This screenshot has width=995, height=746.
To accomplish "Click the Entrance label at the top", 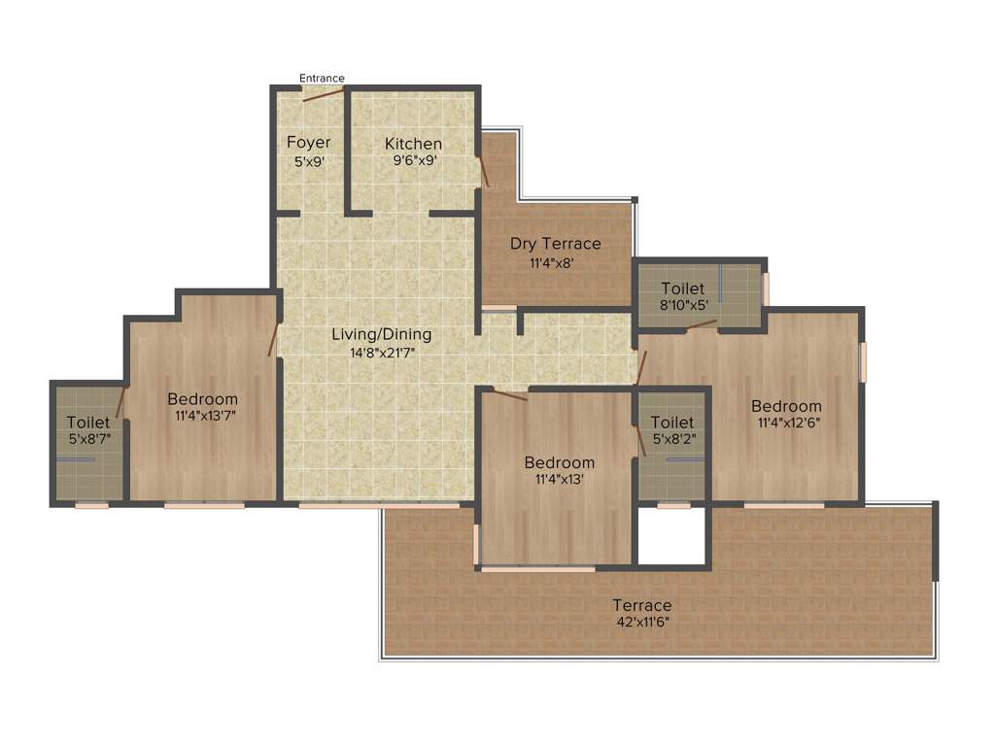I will pos(322,78).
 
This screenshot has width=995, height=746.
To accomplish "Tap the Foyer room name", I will pos(308,143).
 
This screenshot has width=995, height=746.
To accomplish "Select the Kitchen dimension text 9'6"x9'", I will pos(413,161).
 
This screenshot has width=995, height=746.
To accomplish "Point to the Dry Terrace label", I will pos(556,244).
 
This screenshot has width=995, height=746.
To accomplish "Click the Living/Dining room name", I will pos(382,334).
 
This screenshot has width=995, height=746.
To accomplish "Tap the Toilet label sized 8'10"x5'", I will pos(683,288).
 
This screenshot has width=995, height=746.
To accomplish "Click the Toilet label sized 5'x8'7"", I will pos(88,423).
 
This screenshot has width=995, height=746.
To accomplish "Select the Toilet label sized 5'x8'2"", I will pos(672,423).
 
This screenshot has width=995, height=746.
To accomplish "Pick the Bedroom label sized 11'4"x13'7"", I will pos(202,398).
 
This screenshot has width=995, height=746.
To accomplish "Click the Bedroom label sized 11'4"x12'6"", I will pos(786,406).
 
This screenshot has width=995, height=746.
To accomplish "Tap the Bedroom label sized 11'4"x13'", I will pos(559,462).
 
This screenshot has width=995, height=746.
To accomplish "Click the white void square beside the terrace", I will pos(671,534).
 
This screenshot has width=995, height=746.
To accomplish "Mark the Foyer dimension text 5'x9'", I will pos(308,161).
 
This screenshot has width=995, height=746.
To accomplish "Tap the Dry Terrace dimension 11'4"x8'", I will pos(556,262).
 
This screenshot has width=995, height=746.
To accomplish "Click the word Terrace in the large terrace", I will pos(641,605).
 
